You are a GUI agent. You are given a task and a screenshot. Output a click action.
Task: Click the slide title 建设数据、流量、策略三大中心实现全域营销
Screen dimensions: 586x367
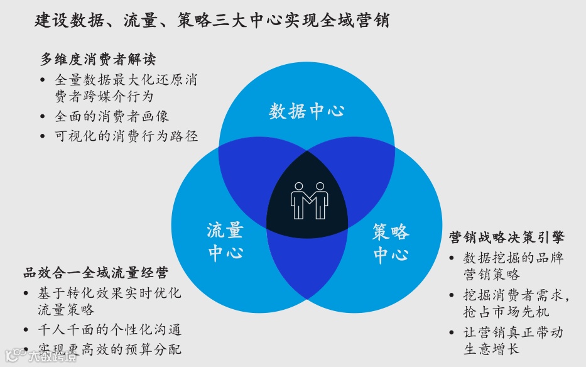pyautogui.click(x=212, y=20)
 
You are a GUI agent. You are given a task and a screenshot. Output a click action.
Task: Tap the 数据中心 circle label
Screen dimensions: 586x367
pyautogui.click(x=307, y=112)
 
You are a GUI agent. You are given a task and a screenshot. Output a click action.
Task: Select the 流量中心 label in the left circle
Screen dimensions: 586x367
pyautogui.click(x=225, y=241)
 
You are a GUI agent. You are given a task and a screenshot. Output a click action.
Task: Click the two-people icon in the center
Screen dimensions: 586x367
pyautogui.click(x=309, y=200)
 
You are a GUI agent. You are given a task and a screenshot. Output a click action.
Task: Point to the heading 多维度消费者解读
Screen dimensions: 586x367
pyautogui.click(x=98, y=60)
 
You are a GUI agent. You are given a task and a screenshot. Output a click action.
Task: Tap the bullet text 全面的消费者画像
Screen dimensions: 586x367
pyautogui.click(x=112, y=117)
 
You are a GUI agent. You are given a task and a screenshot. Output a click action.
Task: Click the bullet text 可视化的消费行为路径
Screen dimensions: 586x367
pyautogui.click(x=126, y=136)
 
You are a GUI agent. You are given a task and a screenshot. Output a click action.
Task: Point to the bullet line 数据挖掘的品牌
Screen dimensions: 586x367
pyautogui.click(x=513, y=258)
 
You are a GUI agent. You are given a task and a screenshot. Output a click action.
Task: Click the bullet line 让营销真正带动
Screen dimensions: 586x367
pyautogui.click(x=513, y=332)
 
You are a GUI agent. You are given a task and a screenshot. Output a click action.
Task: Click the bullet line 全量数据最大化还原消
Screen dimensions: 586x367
pyautogui.click(x=126, y=80)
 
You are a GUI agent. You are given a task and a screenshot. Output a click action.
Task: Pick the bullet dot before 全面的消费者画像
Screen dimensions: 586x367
pyautogui.click(x=42, y=118)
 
